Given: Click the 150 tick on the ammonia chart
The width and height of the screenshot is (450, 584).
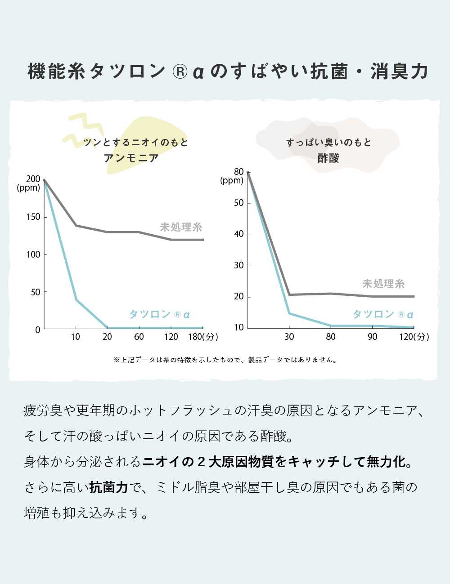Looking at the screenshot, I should [x=33, y=217].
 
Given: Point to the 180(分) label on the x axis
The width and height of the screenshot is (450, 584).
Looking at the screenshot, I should [x=202, y=337].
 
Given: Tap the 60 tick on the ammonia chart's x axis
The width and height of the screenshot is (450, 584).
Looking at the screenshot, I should [x=139, y=337].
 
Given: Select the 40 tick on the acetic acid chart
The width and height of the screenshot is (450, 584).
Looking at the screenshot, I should [x=238, y=234].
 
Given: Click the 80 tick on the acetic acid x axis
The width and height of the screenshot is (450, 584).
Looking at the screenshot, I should [x=331, y=337].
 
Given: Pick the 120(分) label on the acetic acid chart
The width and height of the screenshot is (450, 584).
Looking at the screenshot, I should [x=414, y=337].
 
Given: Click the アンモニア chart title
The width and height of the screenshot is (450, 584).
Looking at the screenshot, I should [x=131, y=158].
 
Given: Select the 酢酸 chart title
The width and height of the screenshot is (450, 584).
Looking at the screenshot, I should [x=328, y=158].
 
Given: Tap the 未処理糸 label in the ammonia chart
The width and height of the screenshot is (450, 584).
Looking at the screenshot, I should [x=181, y=227].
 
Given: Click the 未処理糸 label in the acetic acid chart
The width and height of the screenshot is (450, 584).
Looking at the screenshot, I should [x=383, y=284].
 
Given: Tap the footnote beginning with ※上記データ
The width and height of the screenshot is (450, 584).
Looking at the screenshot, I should [x=225, y=360].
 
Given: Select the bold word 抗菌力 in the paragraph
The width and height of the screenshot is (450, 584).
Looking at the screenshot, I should [x=108, y=487].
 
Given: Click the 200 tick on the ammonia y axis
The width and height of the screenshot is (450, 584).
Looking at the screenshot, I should [x=33, y=179].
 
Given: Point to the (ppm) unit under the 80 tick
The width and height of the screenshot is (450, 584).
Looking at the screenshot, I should [x=232, y=181].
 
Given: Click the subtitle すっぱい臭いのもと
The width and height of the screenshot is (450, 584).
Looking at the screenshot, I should [x=328, y=143].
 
